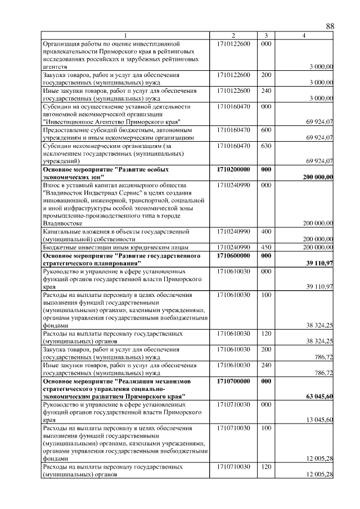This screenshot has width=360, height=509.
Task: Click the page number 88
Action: [x=330, y=27]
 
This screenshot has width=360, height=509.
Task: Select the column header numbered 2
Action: [x=233, y=36]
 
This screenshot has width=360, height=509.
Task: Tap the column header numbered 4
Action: [x=304, y=36]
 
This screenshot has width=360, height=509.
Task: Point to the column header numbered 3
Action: [x=266, y=36]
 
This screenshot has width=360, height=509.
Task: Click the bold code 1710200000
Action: [x=233, y=169]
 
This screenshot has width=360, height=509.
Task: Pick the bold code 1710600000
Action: [x=233, y=255]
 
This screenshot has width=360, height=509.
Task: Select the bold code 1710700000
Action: [x=233, y=381]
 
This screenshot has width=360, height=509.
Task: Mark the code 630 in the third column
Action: [x=267, y=145]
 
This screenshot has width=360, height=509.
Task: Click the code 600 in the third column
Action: [x=267, y=129]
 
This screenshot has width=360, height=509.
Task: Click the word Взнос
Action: [x=53, y=184]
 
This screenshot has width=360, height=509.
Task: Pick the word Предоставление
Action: [x=69, y=129]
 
